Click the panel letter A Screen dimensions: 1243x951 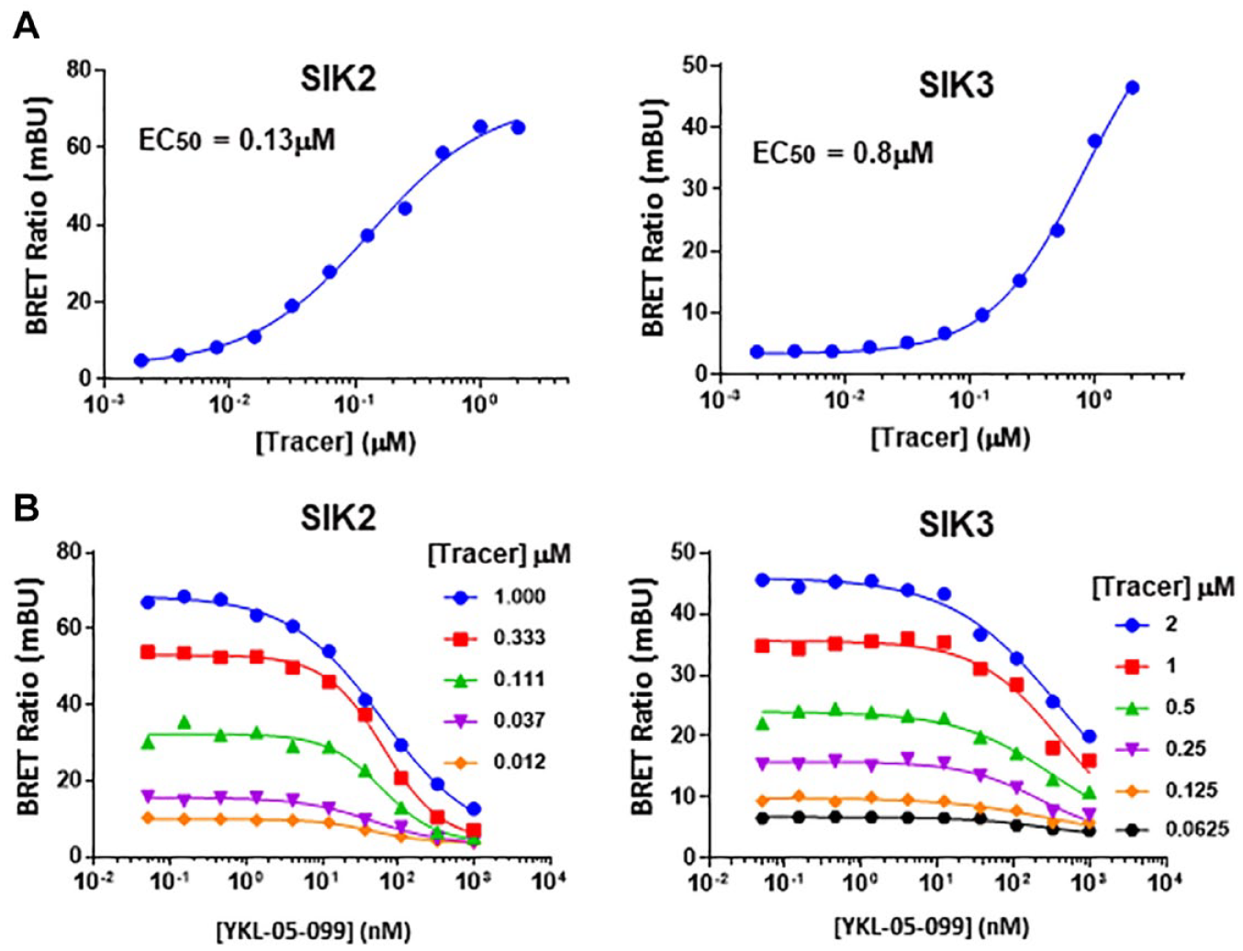pos(26,27)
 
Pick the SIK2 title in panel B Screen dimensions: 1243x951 pos(338,518)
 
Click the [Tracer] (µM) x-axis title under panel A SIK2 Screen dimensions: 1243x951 pos(336,442)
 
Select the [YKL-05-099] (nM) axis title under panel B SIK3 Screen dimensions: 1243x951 pos(932,927)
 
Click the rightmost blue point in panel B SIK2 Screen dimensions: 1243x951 pos(474,809)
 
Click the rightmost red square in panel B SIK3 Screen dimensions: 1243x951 pos(1090,760)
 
